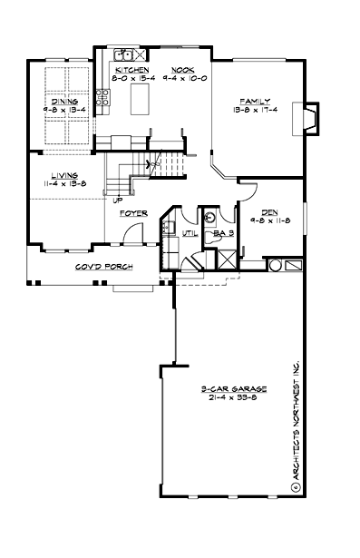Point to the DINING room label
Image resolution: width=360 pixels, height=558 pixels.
coord(63,102)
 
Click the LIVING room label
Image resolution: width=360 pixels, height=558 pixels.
coord(63,175)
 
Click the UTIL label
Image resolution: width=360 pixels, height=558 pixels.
coord(190,233)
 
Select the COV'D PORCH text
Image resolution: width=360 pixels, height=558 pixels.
coord(103,267)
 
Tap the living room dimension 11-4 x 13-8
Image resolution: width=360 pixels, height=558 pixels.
coord(63,184)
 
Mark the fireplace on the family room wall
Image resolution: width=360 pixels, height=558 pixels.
coord(311,118)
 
